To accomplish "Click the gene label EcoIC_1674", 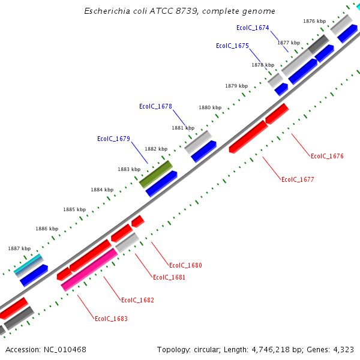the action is click(x=253, y=28).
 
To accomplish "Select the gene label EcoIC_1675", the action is click(x=232, y=46).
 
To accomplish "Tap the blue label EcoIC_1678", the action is click(x=155, y=106).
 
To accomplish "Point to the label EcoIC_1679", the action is click(x=113, y=139).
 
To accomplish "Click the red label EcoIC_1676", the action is click(x=327, y=156).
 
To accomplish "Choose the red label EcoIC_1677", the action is click(x=298, y=179).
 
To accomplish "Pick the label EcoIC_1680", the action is click(x=185, y=265).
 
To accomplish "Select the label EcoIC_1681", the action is click(x=169, y=277).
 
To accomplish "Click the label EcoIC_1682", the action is click(x=137, y=300).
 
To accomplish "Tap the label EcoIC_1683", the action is click(x=111, y=319).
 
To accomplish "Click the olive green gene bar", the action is click(x=156, y=173).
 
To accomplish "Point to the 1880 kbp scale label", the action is click(x=210, y=107).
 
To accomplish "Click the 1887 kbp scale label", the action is click(x=19, y=248).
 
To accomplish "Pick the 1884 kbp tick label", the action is click(x=102, y=190).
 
